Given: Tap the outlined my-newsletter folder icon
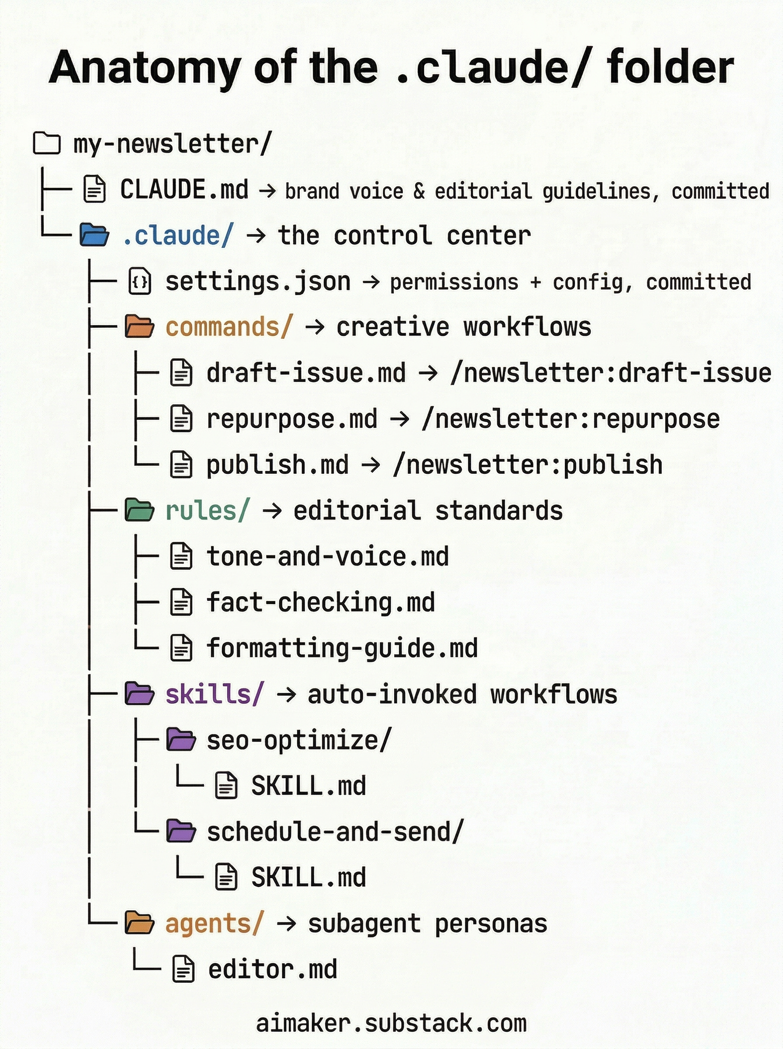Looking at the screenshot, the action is coord(47,143).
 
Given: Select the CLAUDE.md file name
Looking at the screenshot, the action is coord(184,190).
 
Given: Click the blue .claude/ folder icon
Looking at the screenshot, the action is coord(94,235).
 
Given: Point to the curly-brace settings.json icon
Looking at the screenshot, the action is coord(140,281).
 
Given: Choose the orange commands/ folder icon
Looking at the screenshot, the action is coord(139,327).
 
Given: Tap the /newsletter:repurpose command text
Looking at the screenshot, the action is coord(570,419).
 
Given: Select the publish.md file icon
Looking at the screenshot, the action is coord(181,465).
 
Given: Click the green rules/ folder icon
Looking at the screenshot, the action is coord(139,511).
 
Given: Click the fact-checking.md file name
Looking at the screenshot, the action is coord(320,602).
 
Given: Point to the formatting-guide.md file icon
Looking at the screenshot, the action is coord(181,648).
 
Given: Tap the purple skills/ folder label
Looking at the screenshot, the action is coord(214,695).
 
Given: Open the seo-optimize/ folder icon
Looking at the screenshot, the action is coord(181,740).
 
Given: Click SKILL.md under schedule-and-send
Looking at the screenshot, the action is coord(308,877).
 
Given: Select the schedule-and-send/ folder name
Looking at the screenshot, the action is coord(335,832).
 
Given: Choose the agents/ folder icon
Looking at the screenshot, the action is coord(139,924).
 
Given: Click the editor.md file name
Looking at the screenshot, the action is coord(273,969).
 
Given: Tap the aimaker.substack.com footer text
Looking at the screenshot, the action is coord(391,1023).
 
